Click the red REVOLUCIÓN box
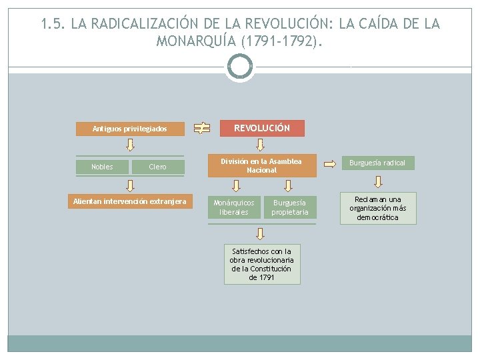(262, 128)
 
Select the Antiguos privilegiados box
(129, 129)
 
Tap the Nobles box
(102, 167)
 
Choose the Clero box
(157, 167)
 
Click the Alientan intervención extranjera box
(130, 201)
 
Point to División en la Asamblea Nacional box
(261, 165)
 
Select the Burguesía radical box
(377, 163)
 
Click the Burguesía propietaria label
(290, 207)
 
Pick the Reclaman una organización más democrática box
(377, 208)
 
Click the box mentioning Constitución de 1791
(261, 265)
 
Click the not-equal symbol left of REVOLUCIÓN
(201, 128)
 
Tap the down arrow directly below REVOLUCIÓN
(261, 146)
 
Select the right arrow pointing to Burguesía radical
(329, 163)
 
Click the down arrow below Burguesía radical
(377, 181)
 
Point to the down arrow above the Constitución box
(261, 233)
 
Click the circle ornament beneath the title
(240, 67)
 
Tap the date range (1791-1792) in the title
(285, 41)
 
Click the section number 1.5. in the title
(53, 24)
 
